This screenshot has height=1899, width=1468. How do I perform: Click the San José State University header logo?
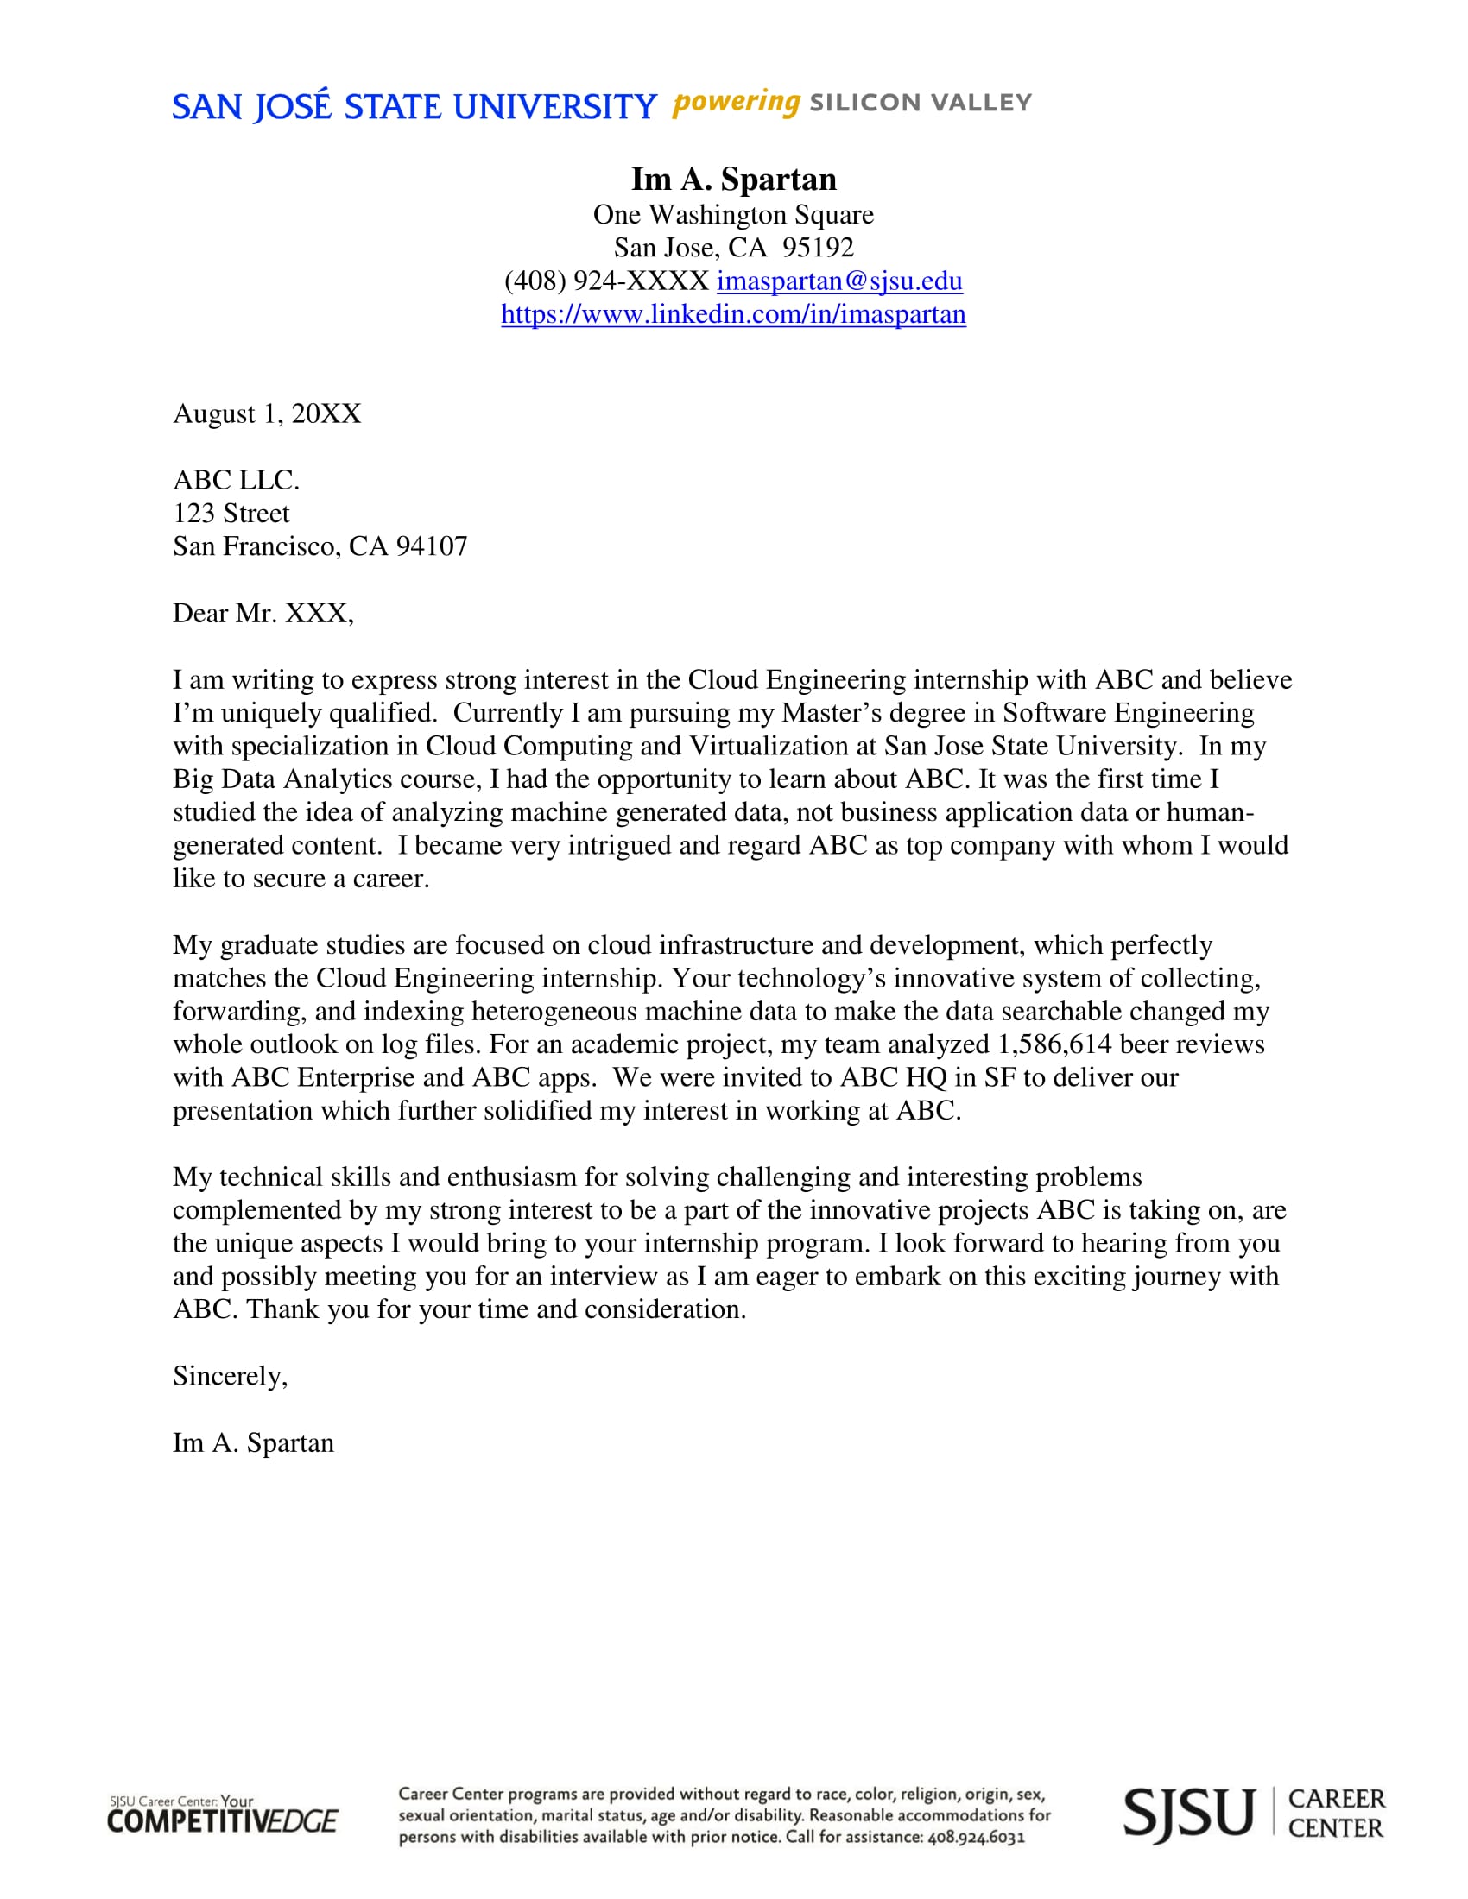pos(414,106)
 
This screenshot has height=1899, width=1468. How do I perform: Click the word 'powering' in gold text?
pos(736,103)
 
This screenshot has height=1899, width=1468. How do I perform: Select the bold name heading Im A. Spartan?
pos(733,180)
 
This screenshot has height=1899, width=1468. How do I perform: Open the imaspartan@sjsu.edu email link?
pos(839,281)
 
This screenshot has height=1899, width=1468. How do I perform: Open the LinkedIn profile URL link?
pos(733,314)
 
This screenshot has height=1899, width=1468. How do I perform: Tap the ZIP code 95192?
pos(818,248)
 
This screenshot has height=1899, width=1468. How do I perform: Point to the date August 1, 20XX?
pos(267,413)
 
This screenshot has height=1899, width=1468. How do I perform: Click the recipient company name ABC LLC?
pos(236,480)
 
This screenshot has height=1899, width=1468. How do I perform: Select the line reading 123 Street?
pos(231,513)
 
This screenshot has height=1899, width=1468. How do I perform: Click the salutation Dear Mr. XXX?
pos(263,614)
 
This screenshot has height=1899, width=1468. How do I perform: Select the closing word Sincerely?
pos(231,1376)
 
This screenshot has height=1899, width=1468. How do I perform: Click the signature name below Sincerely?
pos(253,1442)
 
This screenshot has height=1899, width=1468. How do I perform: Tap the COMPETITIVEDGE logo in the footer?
pos(223,1815)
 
